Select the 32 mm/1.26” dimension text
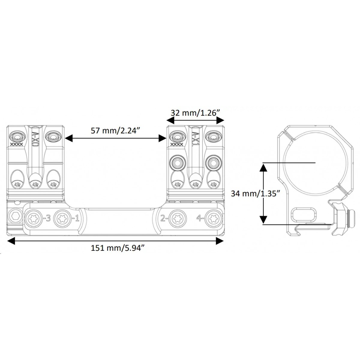click(x=196, y=113)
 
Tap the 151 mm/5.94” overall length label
click(x=118, y=248)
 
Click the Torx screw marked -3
click(x=34, y=218)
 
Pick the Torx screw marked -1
click(x=62, y=218)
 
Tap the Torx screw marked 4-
click(x=213, y=218)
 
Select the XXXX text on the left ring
click(x=17, y=144)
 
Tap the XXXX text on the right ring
click(x=177, y=144)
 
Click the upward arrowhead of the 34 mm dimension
click(x=263, y=167)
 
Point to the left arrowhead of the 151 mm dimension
click(x=11, y=241)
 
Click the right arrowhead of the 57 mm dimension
click(x=162, y=138)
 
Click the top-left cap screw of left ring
click(x=17, y=137)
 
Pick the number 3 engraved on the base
click(x=48, y=218)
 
